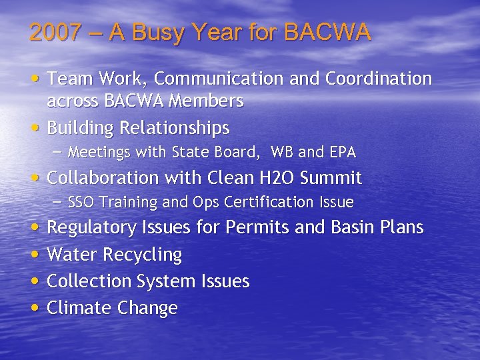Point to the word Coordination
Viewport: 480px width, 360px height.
point(379,79)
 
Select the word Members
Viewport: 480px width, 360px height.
point(211,101)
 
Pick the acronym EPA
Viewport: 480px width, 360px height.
point(342,153)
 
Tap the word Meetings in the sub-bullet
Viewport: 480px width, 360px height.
point(100,153)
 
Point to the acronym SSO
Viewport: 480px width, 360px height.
point(81,202)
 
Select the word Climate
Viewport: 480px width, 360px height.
point(79,308)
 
